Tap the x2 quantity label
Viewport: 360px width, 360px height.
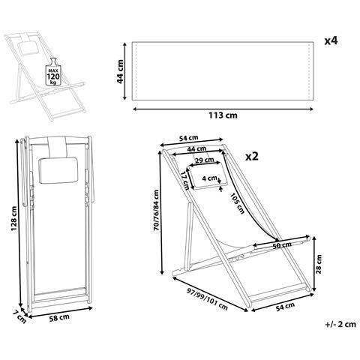[x=252, y=157]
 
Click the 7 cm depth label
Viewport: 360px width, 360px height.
[x=20, y=316]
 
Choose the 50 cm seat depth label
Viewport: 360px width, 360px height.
[x=281, y=245]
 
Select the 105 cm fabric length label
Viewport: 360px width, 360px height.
[x=236, y=202]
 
